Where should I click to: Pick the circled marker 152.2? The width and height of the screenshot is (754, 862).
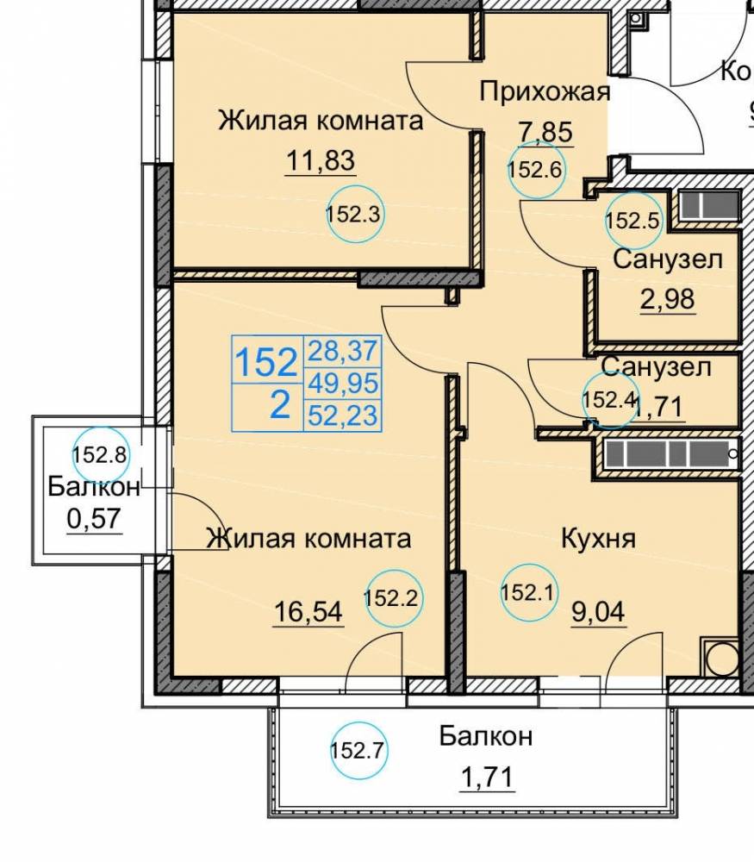[391, 597]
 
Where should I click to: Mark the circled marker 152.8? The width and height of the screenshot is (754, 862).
[99, 453]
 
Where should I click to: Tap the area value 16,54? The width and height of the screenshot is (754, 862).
[308, 612]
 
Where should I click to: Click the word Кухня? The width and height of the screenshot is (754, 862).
[598, 540]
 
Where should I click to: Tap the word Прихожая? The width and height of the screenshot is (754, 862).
[545, 91]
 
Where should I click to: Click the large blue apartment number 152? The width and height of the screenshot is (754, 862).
[266, 363]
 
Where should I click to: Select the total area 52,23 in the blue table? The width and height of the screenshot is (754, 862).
[342, 415]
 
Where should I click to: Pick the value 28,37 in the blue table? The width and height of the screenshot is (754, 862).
[342, 351]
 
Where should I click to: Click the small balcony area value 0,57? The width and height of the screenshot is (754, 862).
[94, 520]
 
